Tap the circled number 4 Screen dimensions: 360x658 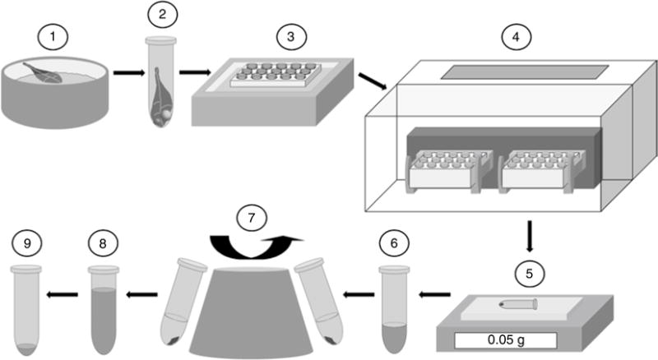517,37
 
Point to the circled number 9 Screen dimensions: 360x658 29,243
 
